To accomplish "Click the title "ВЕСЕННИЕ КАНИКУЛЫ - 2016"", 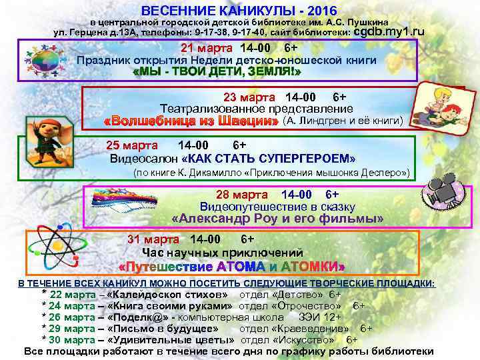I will [x=239, y=11].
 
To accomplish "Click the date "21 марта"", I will [x=207, y=48].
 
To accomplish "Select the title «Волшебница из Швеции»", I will [x=191, y=121].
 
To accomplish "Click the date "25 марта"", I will [x=132, y=145].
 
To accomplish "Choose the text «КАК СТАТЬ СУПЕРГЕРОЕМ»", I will [x=269, y=159].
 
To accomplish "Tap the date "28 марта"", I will [x=242, y=195].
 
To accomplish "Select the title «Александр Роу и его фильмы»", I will [x=277, y=219].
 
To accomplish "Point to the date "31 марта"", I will [x=153, y=239].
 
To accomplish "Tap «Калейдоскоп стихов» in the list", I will [x=170, y=295].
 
